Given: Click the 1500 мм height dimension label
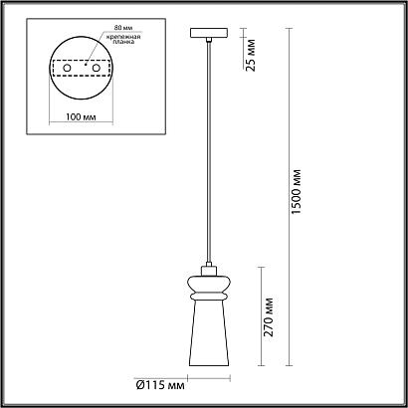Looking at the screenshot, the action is pyautogui.click(x=297, y=192).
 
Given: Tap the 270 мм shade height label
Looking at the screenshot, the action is pyautogui.click(x=269, y=317).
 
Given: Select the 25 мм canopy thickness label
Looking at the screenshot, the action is pyautogui.click(x=251, y=55).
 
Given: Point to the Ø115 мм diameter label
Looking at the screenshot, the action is pyautogui.click(x=160, y=385).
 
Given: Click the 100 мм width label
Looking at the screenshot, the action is pyautogui.click(x=81, y=117).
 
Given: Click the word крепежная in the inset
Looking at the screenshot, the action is pyautogui.click(x=122, y=37).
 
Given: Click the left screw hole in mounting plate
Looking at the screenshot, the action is pyautogui.click(x=67, y=68).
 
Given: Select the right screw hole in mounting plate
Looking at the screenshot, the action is pyautogui.click(x=97, y=68).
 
